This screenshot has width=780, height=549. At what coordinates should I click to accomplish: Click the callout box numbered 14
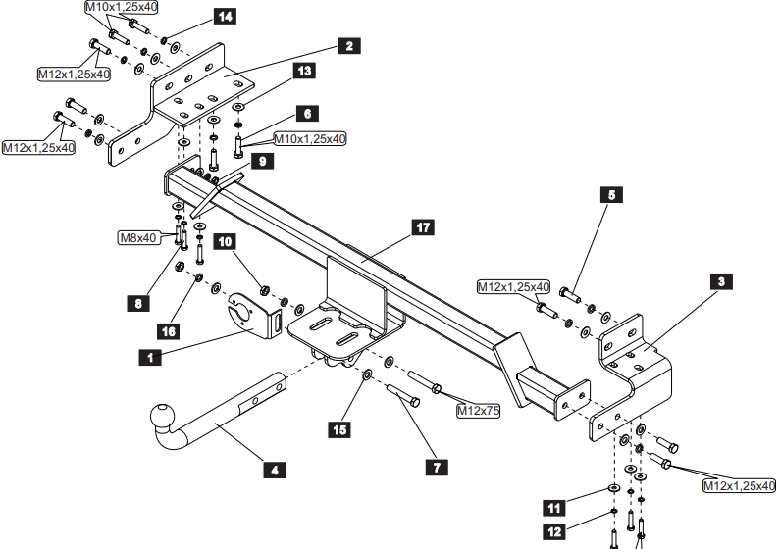(x=225, y=17)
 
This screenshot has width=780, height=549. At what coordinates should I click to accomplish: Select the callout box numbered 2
(x=349, y=46)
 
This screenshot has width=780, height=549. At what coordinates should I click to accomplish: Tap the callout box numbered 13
(x=304, y=71)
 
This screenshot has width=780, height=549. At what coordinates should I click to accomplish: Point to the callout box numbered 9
(x=262, y=162)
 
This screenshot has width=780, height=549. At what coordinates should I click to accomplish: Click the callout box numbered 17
(x=423, y=227)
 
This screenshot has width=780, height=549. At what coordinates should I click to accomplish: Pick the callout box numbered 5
(x=611, y=195)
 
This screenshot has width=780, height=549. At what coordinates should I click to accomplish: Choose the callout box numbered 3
(x=721, y=282)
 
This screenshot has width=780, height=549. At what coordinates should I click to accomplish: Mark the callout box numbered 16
(x=168, y=331)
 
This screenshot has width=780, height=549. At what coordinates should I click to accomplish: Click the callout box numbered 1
(x=150, y=357)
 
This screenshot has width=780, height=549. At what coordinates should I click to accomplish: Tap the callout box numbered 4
(x=275, y=470)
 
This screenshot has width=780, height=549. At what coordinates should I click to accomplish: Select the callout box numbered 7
(x=437, y=468)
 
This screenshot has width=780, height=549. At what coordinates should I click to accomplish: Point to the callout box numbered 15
(x=339, y=429)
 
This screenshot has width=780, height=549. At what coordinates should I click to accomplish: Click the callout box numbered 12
(x=554, y=532)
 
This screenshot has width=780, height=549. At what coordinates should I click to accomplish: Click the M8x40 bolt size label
(x=138, y=238)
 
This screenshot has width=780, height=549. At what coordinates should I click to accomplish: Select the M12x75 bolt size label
(x=478, y=411)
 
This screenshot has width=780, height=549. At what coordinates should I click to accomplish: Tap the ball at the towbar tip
(x=162, y=415)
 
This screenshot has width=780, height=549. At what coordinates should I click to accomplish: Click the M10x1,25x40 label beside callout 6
(x=309, y=138)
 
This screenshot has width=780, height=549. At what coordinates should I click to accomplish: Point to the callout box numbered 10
(x=225, y=242)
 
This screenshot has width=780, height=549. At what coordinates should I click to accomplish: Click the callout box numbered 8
(x=138, y=303)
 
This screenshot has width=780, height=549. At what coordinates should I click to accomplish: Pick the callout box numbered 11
(x=554, y=508)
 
